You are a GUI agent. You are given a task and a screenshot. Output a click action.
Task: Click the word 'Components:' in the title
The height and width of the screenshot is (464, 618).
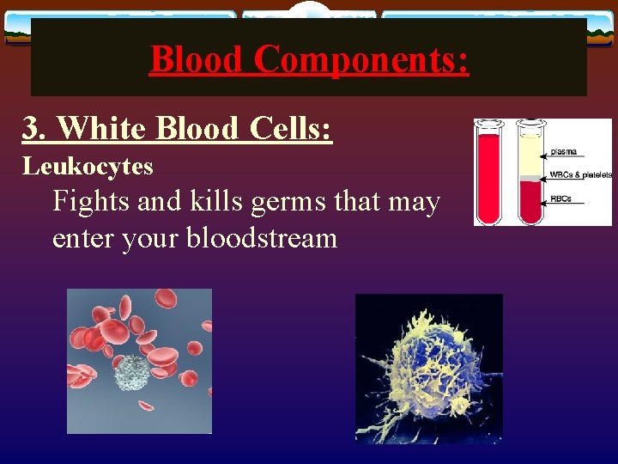(361, 59)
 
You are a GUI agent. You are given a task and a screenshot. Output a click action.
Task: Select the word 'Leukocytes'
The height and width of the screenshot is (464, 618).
(88, 165)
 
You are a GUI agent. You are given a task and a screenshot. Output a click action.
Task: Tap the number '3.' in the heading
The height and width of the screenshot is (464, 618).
(36, 128)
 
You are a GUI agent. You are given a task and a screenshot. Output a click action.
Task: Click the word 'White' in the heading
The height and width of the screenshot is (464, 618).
(102, 128)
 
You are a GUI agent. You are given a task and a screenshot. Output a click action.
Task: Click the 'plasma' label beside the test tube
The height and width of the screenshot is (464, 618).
(563, 152)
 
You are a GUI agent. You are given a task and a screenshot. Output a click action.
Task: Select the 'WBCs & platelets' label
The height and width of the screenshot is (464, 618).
(581, 175)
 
